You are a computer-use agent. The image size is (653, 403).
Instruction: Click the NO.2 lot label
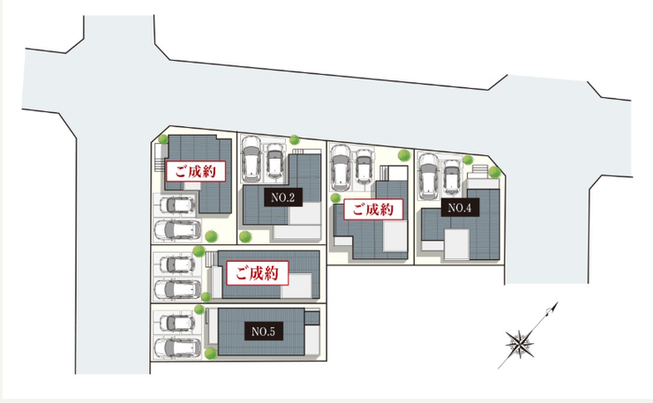pyautogui.click(x=283, y=198)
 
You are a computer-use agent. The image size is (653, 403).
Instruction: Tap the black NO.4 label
pyautogui.click(x=460, y=207)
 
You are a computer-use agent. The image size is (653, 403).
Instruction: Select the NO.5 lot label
pyautogui.click(x=263, y=332)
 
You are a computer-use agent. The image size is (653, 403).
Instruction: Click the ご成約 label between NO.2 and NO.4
pyautogui.click(x=373, y=209)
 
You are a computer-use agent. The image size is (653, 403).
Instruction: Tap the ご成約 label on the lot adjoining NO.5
pyautogui.click(x=258, y=273)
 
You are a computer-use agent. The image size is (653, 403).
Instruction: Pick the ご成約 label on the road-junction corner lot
pyautogui.click(x=196, y=171)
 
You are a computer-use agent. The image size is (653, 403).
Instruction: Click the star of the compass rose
pyautogui.click(x=520, y=344)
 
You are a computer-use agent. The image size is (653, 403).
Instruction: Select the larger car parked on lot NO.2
pyautogui.click(x=251, y=159)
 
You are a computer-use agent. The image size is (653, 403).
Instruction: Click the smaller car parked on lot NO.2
pyautogui.click(x=274, y=160)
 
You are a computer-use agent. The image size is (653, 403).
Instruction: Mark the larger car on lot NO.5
pyautogui.click(x=178, y=347)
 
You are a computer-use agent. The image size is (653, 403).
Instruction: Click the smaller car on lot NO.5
pyautogui.click(x=177, y=323)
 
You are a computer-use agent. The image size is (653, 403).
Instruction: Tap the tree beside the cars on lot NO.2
pyautogui.click(x=295, y=139)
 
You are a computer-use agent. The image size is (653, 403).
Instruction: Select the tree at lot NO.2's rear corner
pyautogui.click(x=245, y=236)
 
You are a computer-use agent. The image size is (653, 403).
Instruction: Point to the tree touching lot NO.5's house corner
pyautogui.click(x=211, y=354)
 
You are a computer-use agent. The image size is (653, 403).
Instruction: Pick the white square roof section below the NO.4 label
pyautogui.click(x=457, y=244)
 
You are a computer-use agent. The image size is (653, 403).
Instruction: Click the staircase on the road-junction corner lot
pyautogui.click(x=159, y=158)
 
